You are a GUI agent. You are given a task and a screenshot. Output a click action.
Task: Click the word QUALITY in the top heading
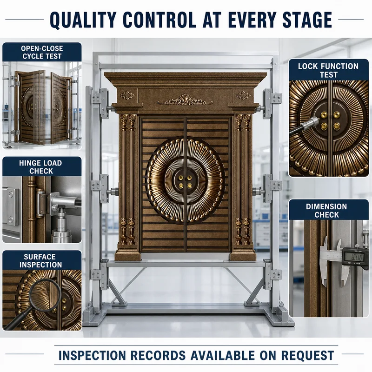point(83,20)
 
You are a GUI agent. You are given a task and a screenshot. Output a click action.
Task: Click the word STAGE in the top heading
point(307,20)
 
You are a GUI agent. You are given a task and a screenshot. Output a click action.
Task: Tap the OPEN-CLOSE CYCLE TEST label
point(42,53)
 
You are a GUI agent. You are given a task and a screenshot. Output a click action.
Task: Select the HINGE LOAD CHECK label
point(41,167)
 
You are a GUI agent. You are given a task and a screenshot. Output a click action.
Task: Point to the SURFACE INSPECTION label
point(40,260)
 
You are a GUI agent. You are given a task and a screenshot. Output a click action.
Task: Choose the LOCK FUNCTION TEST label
point(328,70)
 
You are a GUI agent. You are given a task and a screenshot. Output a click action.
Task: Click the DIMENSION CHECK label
point(326,211)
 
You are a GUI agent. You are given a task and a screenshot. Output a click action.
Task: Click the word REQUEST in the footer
point(308,355)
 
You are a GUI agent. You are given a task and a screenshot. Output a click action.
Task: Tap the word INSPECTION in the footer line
point(92,355)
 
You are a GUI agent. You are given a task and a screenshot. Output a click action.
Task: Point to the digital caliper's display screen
point(354,257)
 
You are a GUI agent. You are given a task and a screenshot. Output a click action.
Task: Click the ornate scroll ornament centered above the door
point(185,100)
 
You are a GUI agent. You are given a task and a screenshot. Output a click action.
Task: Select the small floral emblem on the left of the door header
point(127,95)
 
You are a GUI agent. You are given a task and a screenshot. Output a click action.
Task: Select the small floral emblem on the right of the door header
point(243,95)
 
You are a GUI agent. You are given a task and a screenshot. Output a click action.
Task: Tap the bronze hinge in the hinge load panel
point(41,203)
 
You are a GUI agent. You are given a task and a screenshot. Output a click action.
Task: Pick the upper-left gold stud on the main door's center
point(181,178)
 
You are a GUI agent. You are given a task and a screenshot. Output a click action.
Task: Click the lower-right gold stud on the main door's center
point(189,186)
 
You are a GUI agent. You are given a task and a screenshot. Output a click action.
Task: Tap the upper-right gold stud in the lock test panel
point(337,115)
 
